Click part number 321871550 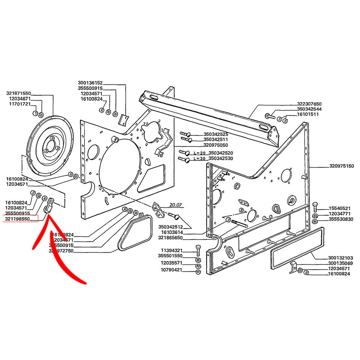click(x=18, y=93)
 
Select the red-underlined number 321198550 click(x=18, y=219)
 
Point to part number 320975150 click(x=341, y=166)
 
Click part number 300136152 click(x=90, y=83)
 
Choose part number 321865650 click(x=171, y=237)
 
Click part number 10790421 click(x=171, y=270)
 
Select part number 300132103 click(x=341, y=258)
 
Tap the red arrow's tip click(x=50, y=218)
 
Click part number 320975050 click(x=216, y=145)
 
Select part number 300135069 click(x=341, y=263)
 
